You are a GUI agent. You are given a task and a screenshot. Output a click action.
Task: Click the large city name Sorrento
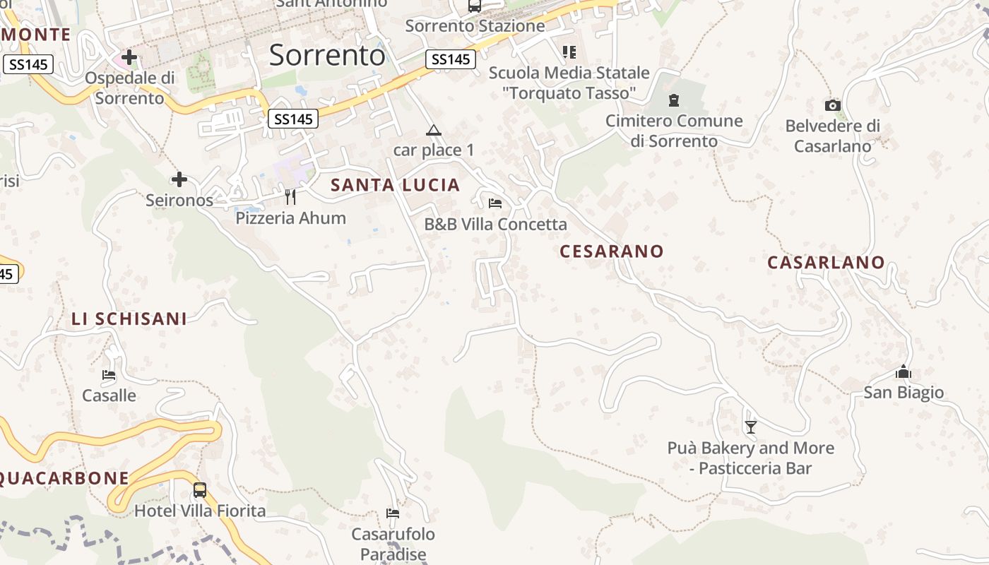tap(327, 54)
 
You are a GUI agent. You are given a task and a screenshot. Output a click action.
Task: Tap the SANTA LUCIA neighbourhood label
tap(396, 185)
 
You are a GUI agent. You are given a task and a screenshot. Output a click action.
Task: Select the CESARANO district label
tap(612, 251)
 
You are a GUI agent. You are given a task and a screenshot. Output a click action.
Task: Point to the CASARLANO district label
tap(826, 262)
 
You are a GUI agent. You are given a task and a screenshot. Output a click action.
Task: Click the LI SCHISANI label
tap(129, 319)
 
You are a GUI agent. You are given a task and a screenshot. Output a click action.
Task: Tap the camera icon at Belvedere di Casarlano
tap(833, 106)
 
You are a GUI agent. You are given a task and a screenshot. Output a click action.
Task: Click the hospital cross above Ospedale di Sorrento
tap(129, 56)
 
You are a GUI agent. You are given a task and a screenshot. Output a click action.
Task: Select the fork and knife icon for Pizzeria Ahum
tap(290, 196)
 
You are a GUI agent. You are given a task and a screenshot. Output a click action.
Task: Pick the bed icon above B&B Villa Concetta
tap(495, 203)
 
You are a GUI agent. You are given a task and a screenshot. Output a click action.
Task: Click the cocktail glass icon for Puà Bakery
tap(751, 427)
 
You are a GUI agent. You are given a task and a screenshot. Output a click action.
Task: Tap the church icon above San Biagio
tap(904, 371)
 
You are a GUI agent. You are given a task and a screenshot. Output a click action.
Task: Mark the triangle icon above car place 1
tap(433, 130)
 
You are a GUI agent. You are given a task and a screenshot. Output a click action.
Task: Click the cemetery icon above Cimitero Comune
tap(674, 100)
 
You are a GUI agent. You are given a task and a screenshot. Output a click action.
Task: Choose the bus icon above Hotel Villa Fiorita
tap(200, 489)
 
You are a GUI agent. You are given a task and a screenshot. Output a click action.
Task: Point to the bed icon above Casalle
tap(109, 374)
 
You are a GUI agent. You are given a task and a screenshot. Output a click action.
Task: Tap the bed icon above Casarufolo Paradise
tap(393, 513)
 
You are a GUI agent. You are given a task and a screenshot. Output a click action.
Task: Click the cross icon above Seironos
tap(179, 179)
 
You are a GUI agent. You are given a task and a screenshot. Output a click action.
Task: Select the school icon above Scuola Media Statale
tap(569, 52)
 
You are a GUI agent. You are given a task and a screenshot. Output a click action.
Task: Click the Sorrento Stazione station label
tap(475, 26)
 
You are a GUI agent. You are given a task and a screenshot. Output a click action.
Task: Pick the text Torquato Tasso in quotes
tap(569, 93)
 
